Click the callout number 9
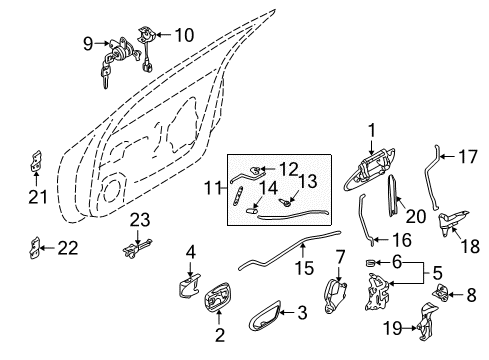88,43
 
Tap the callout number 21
38,196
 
